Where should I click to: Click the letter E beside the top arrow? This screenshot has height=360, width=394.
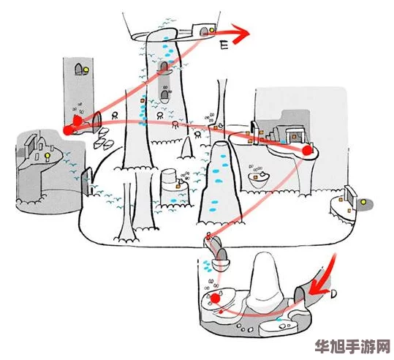224,45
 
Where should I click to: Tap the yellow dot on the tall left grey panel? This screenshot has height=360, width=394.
86,70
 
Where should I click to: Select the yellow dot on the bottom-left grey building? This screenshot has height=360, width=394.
46,156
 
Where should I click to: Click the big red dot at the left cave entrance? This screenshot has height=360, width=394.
69,130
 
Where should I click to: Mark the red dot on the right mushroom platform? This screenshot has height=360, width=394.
307,150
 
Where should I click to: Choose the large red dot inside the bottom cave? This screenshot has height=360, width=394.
216,299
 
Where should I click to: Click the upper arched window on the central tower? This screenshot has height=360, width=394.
166,68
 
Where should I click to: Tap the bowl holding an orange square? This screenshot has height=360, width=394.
257,176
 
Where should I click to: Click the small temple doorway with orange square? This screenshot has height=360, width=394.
294,135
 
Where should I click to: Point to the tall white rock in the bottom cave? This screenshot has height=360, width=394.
264,280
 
